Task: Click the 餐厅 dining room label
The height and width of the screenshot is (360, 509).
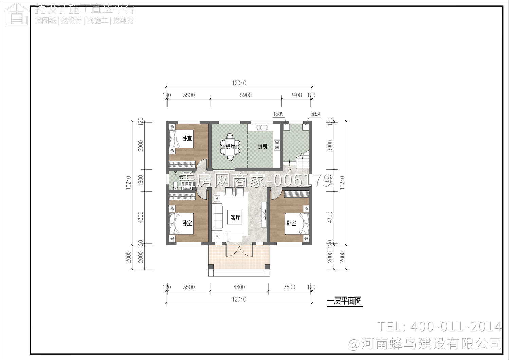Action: pos(230,147)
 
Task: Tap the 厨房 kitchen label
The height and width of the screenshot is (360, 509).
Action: pos(262,146)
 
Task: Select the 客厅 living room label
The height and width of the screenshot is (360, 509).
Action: pos(235,217)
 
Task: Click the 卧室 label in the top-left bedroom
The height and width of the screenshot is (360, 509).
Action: pos(187,138)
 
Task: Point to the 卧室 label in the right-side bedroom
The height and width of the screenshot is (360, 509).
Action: pos(291,223)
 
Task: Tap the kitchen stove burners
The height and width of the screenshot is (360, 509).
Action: pos(277,145)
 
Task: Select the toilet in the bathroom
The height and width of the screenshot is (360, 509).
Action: pos(176,185)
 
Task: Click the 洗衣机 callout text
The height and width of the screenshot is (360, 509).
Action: pos(278,114)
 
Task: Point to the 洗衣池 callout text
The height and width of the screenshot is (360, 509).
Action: pos(316,115)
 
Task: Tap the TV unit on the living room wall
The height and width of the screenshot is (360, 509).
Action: pos(263,215)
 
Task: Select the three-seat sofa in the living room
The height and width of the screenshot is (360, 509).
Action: pos(217,217)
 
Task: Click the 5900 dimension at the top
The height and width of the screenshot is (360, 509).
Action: pos(246,95)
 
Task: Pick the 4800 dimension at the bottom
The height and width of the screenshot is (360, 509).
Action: pos(239,287)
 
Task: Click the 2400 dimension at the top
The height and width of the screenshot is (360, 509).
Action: pos(296,95)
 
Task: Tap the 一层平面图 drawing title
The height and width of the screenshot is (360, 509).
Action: pos(344,301)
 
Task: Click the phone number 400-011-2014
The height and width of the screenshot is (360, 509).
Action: pos(455,327)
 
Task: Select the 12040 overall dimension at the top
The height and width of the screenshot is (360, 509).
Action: pos(239,83)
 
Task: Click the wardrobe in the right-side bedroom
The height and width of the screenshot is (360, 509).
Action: pos(296,194)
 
